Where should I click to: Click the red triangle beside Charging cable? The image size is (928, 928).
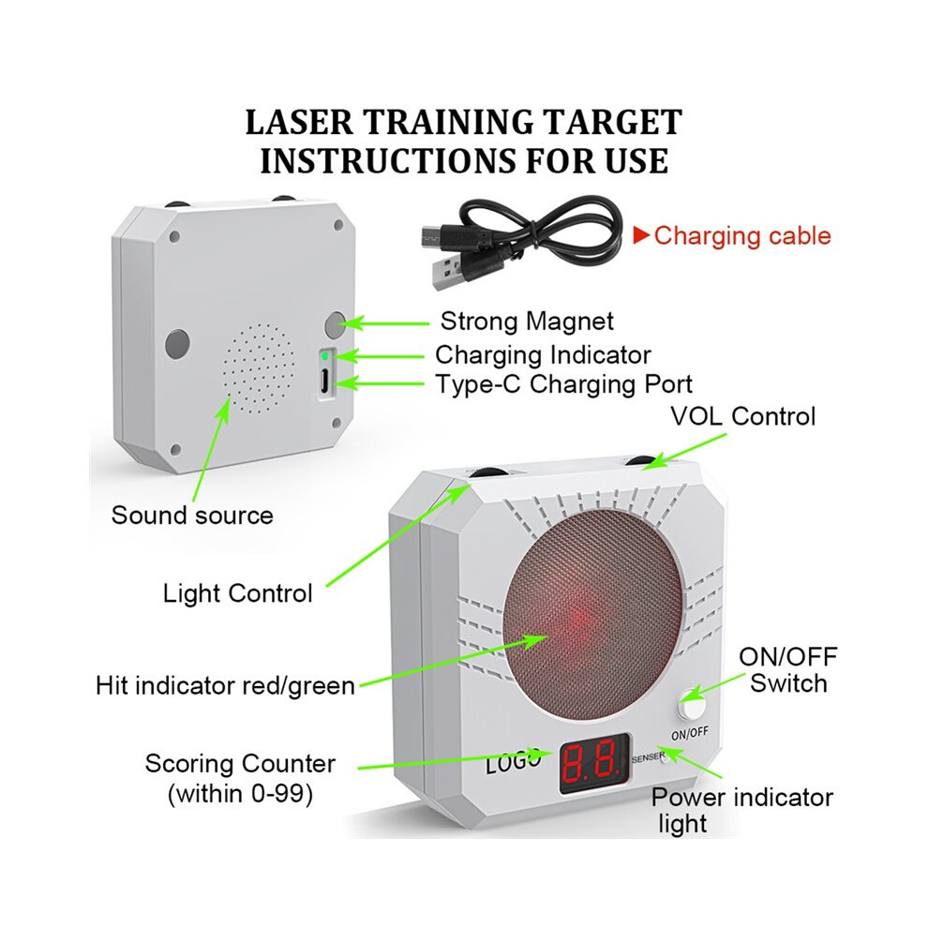click(x=641, y=235)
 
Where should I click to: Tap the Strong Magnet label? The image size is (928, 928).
click(x=527, y=322)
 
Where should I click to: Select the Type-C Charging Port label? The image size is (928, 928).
click(x=563, y=384)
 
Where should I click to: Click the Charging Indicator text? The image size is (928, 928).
click(x=543, y=355)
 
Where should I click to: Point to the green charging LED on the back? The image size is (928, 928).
click(x=325, y=356)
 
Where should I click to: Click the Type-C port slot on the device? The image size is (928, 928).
click(x=325, y=380)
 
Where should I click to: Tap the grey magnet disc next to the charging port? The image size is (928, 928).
click(x=336, y=324)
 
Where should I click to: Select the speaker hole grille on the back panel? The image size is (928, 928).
click(x=259, y=368)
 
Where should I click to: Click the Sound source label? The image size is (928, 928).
click(x=192, y=516)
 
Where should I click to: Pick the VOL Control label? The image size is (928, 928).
click(x=742, y=416)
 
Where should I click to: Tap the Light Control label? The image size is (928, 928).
click(x=237, y=593)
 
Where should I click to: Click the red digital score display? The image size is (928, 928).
click(x=595, y=763)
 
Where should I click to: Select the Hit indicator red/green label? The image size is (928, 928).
click(x=225, y=686)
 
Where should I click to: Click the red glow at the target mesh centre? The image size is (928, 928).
click(x=582, y=620)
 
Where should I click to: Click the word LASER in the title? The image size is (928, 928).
click(x=299, y=123)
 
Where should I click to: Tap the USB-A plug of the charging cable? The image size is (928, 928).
click(x=447, y=274)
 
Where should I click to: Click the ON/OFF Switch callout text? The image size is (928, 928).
click(x=788, y=670)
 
